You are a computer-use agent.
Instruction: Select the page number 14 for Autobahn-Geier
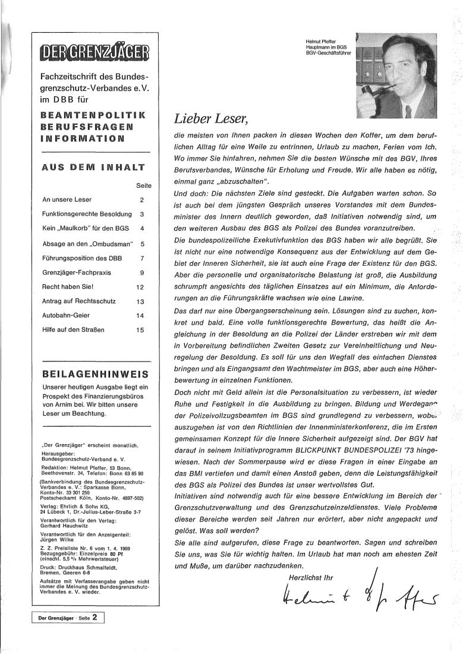coord(140,332)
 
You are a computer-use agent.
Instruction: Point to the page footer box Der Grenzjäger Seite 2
coord(68,634)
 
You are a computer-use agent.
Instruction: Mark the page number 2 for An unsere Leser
coord(141,200)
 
